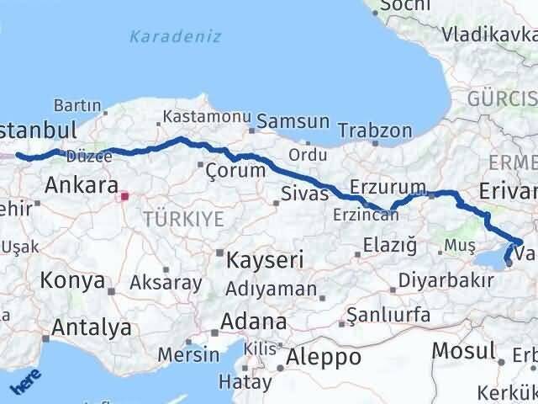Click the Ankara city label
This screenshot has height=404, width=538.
coord(81,184)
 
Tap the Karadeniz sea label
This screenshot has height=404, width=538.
coord(175,36)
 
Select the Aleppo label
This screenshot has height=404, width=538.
coord(324,357)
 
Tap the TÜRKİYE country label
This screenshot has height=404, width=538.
coord(183,220)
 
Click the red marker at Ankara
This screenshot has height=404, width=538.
coord(125,197)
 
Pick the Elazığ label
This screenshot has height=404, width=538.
coord(390,246)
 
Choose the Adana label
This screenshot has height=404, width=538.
coord(253,322)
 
